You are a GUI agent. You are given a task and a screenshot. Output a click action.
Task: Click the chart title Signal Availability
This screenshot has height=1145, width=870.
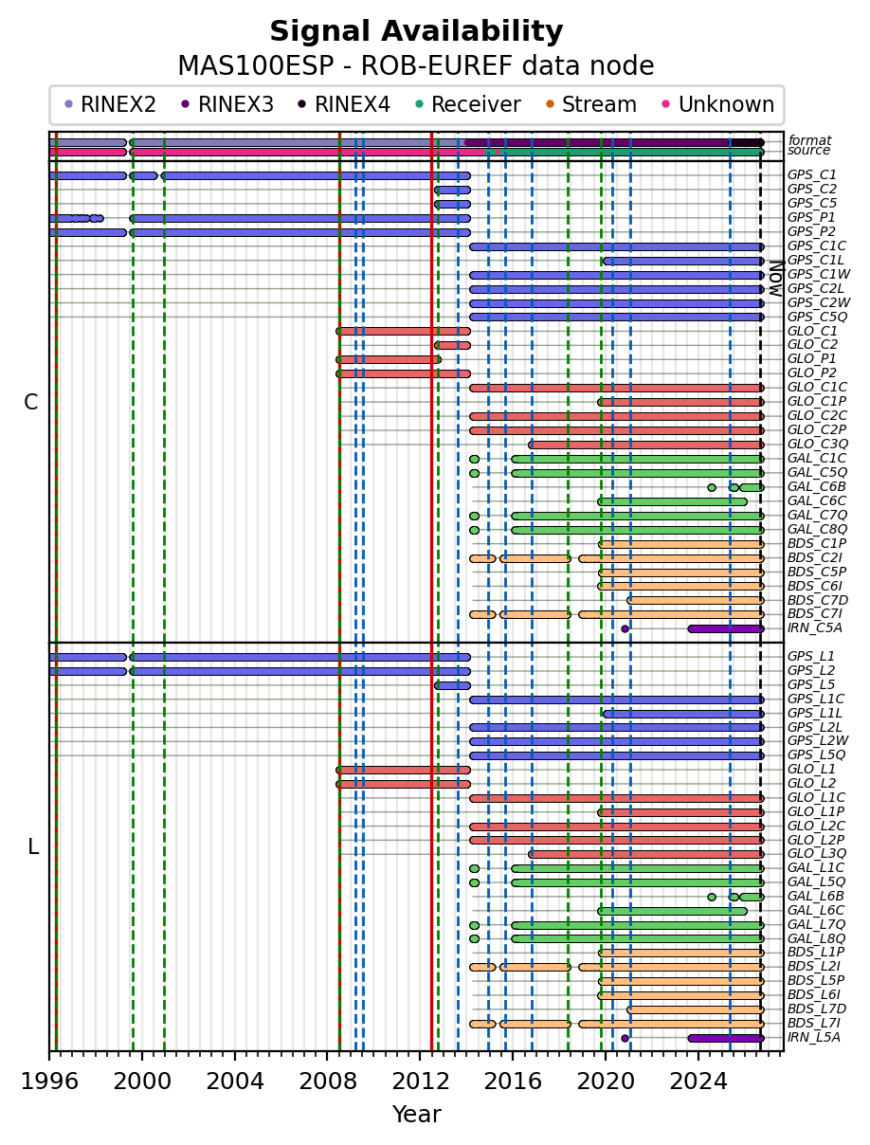416,31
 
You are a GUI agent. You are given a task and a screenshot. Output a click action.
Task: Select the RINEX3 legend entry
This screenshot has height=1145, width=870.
227,104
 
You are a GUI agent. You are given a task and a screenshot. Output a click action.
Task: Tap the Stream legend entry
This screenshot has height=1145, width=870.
591,104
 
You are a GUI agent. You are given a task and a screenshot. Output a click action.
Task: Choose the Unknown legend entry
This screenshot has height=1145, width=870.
717,104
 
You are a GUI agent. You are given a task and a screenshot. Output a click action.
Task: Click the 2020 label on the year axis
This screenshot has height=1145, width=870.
606,1081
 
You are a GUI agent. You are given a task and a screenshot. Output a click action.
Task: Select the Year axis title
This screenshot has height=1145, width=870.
416,1115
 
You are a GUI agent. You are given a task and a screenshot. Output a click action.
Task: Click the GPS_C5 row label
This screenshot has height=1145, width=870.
811,203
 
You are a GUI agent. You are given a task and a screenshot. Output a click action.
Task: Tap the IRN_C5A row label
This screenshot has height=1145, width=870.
814,627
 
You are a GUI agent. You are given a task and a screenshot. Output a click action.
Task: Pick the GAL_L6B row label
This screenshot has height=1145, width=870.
816,896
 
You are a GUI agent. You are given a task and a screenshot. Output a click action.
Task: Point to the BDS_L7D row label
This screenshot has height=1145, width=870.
817,1009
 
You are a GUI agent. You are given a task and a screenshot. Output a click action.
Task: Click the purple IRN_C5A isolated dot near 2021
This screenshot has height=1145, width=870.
625,629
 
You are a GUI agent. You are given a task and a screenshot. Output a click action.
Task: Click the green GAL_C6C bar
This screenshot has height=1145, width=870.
672,501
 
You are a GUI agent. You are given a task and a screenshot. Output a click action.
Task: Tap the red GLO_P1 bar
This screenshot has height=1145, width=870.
389,359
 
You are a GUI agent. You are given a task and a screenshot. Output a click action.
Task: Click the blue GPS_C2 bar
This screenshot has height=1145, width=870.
452,191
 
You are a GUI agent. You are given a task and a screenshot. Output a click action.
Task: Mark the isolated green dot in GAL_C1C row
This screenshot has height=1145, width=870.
474,459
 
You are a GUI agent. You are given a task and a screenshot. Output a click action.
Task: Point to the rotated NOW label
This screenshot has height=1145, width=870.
776,279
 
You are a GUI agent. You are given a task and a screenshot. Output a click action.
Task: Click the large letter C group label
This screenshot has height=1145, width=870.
30,402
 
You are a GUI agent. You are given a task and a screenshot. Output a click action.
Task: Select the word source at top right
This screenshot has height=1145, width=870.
808,150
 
